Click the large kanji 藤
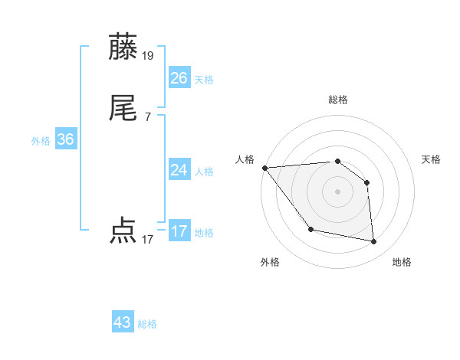click(x=123, y=47)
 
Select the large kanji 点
click(x=123, y=230)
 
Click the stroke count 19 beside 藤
click(x=148, y=56)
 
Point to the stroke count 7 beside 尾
click(x=147, y=117)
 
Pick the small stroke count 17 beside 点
click(x=147, y=240)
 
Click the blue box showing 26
click(x=179, y=78)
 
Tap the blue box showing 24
click(x=179, y=170)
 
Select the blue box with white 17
click(x=179, y=231)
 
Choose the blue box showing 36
click(x=65, y=139)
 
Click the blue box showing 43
click(x=122, y=322)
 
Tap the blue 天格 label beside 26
click(x=204, y=80)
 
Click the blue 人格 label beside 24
click(x=204, y=172)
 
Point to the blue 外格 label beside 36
click(x=41, y=141)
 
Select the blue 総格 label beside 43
click(x=147, y=324)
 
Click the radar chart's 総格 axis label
click(x=338, y=100)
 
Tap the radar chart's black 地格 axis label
click(x=402, y=262)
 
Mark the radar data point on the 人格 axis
click(x=264, y=168)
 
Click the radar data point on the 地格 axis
click(x=374, y=242)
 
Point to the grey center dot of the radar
click(x=337, y=191)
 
